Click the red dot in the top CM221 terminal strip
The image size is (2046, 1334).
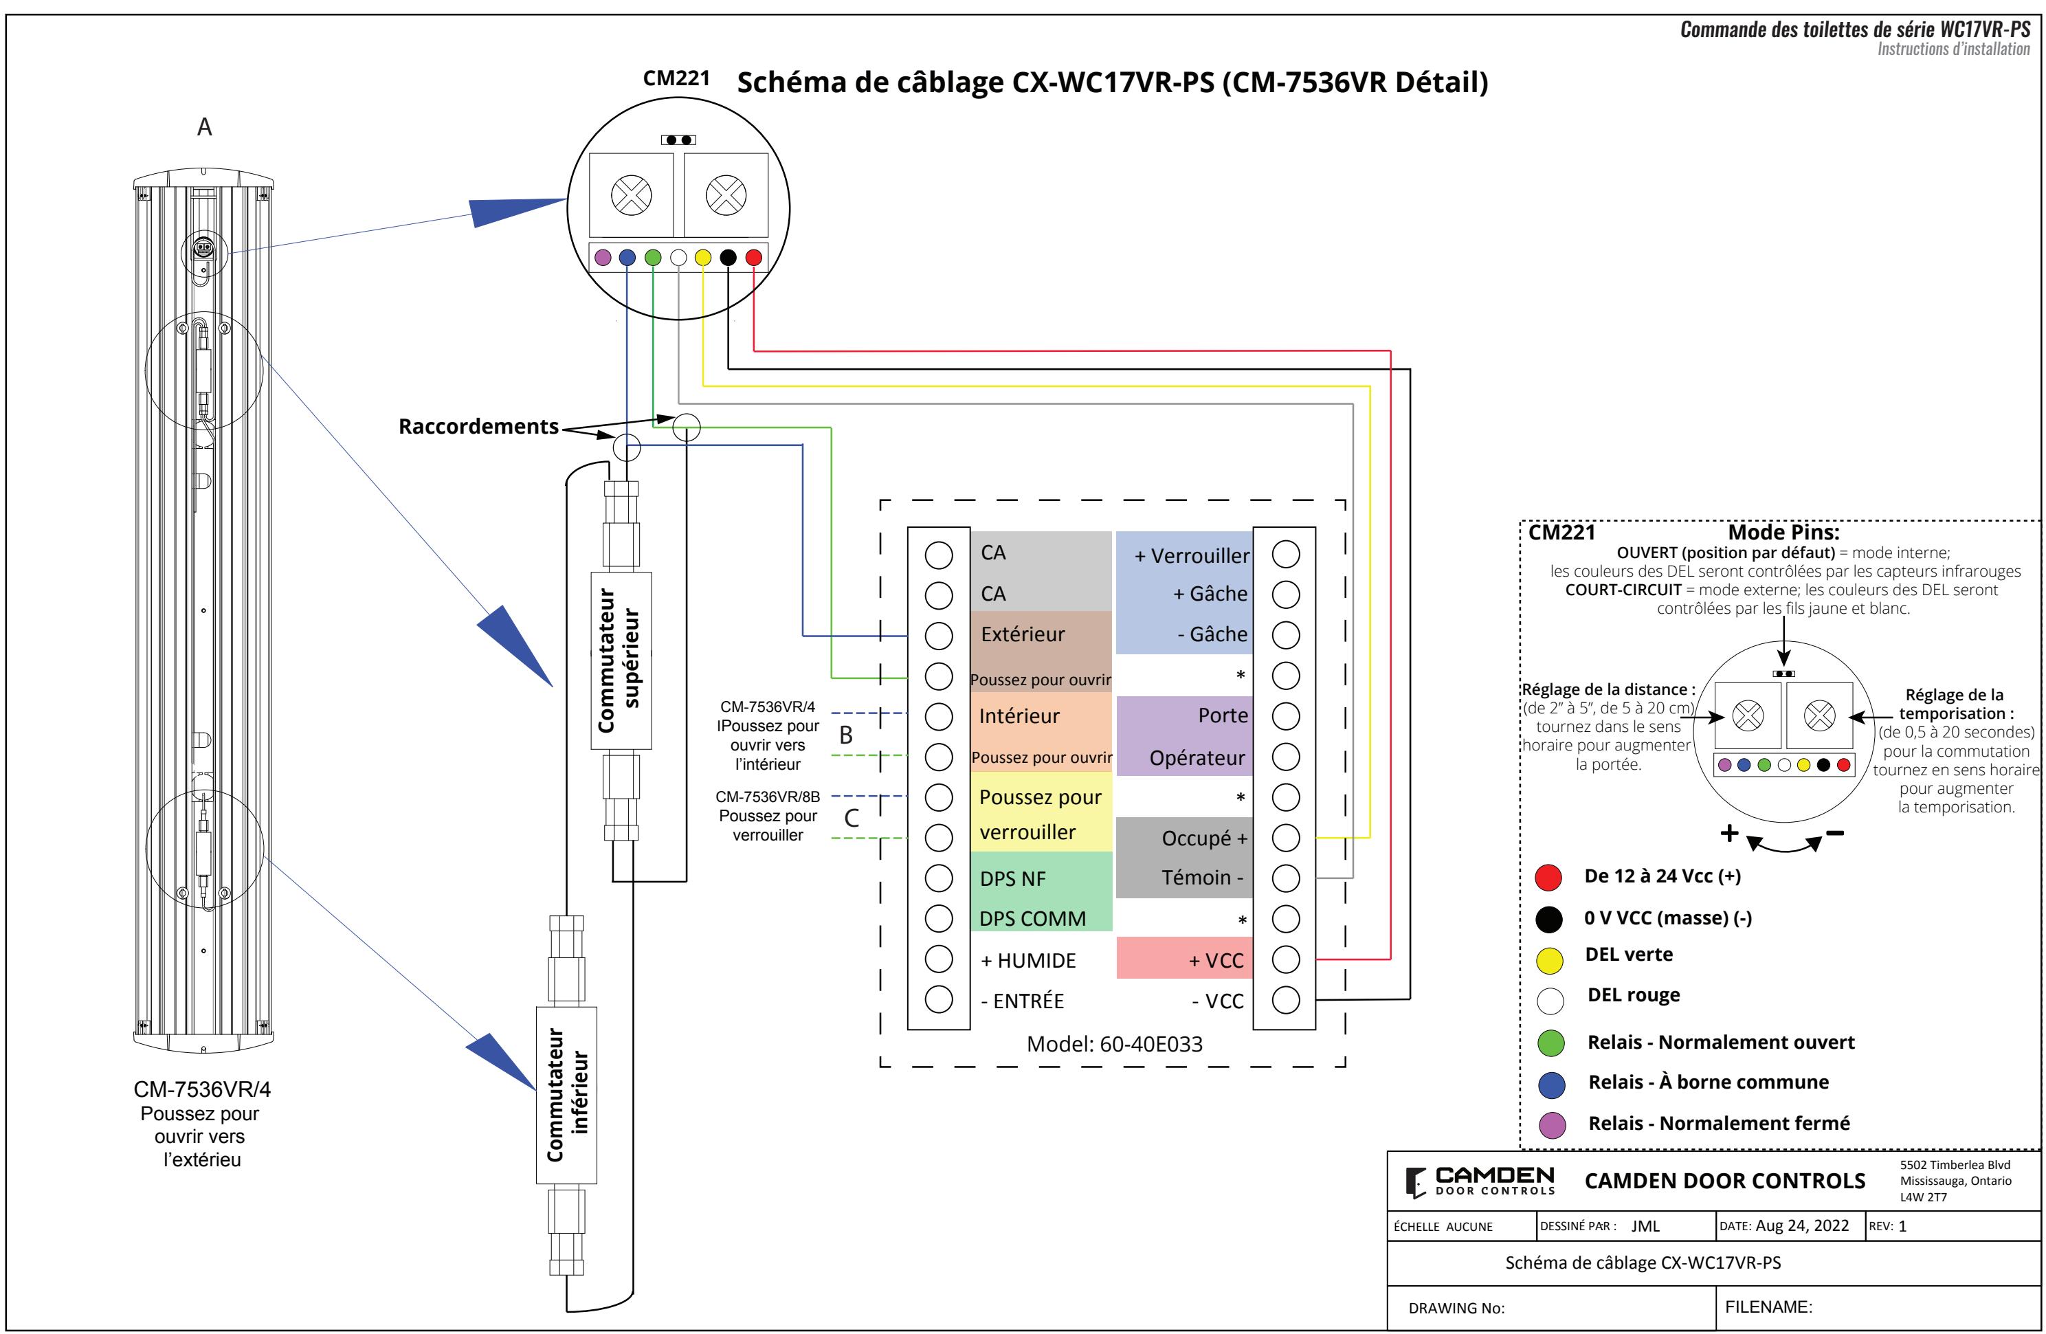(x=753, y=257)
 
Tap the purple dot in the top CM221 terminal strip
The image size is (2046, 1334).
(x=603, y=257)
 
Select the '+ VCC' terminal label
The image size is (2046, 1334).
(x=1216, y=960)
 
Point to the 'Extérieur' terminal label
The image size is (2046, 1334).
(x=1022, y=634)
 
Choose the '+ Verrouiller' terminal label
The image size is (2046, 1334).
(x=1192, y=556)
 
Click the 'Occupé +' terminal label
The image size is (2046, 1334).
(x=1203, y=838)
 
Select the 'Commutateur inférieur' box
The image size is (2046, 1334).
(x=566, y=1095)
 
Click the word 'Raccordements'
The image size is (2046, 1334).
(x=479, y=426)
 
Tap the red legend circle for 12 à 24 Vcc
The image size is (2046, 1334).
(x=1548, y=878)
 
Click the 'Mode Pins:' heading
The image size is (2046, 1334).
(x=1783, y=533)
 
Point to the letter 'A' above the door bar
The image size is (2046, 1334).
(x=205, y=127)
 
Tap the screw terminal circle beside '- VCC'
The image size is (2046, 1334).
(x=1285, y=999)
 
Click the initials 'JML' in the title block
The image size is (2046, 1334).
(x=1645, y=1227)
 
